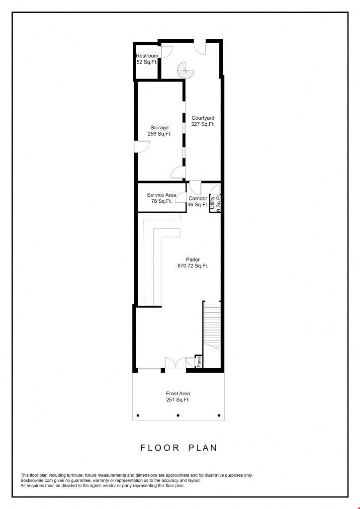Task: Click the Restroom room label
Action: pyautogui.click(x=147, y=59)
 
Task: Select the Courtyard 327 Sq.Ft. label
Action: pyautogui.click(x=203, y=121)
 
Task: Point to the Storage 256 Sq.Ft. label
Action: pyautogui.click(x=160, y=131)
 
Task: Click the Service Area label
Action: pyautogui.click(x=161, y=195)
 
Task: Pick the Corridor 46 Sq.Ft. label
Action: pyautogui.click(x=198, y=201)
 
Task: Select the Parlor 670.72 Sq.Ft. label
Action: pyautogui.click(x=193, y=262)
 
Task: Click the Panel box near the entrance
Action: pyautogui.click(x=199, y=362)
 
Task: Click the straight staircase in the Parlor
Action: pyautogui.click(x=212, y=326)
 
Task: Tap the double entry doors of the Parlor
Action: pyautogui.click(x=176, y=363)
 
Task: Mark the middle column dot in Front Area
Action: pyautogui.click(x=178, y=415)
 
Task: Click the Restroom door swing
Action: pyautogui.click(x=167, y=52)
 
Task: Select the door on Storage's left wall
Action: pyautogui.click(x=142, y=146)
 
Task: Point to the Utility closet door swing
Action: pyautogui.click(x=215, y=189)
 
